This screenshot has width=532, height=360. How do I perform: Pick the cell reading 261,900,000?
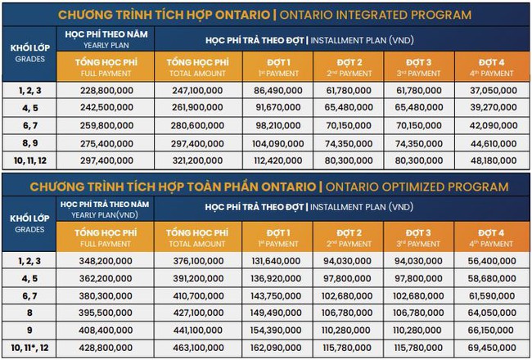click(195, 106)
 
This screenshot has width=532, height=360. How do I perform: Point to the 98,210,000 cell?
click(280, 125)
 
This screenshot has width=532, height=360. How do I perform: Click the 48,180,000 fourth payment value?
click(492, 160)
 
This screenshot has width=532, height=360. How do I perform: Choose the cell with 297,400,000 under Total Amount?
click(195, 143)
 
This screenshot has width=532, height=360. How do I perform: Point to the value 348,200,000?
click(104, 262)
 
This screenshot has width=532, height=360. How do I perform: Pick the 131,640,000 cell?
click(280, 262)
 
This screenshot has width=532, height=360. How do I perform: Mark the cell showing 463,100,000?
click(195, 348)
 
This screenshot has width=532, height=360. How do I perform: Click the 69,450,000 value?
click(492, 348)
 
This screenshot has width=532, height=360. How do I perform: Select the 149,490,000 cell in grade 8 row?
click(280, 312)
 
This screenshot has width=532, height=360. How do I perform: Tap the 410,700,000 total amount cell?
click(195, 295)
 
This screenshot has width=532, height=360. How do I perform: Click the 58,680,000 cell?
click(492, 278)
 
